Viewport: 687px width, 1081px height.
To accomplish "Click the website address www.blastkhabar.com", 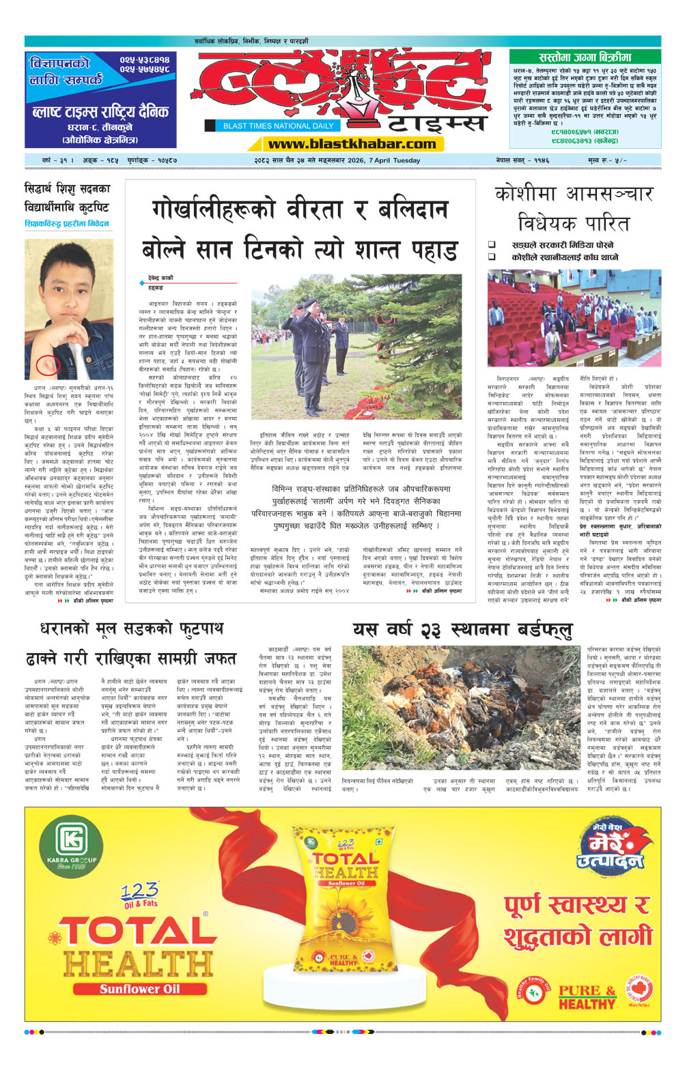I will [x=352, y=144].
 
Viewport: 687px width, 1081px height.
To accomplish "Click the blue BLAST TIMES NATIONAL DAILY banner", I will [x=278, y=126].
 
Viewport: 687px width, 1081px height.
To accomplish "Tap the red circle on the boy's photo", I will [x=48, y=365].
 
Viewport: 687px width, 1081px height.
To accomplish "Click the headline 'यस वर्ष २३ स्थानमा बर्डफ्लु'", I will [x=462, y=630].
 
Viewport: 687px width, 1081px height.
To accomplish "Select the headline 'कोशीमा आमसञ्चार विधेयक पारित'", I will [x=574, y=208].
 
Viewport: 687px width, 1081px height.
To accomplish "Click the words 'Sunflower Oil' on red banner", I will [x=139, y=989].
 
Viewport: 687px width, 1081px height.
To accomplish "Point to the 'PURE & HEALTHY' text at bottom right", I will [x=587, y=997].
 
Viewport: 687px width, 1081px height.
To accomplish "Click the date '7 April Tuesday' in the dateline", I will [x=394, y=160].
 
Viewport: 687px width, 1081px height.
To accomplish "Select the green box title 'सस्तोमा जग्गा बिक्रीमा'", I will [x=585, y=58].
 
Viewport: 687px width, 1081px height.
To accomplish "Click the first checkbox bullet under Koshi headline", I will [x=492, y=245].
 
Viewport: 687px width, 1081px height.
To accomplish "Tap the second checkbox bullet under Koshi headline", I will [x=492, y=257].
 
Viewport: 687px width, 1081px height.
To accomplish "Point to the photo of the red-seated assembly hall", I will [x=574, y=317].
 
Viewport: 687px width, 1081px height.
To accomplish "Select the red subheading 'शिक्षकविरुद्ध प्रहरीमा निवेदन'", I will [x=67, y=224].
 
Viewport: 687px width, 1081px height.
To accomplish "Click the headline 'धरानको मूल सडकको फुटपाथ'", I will [x=131, y=629].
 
